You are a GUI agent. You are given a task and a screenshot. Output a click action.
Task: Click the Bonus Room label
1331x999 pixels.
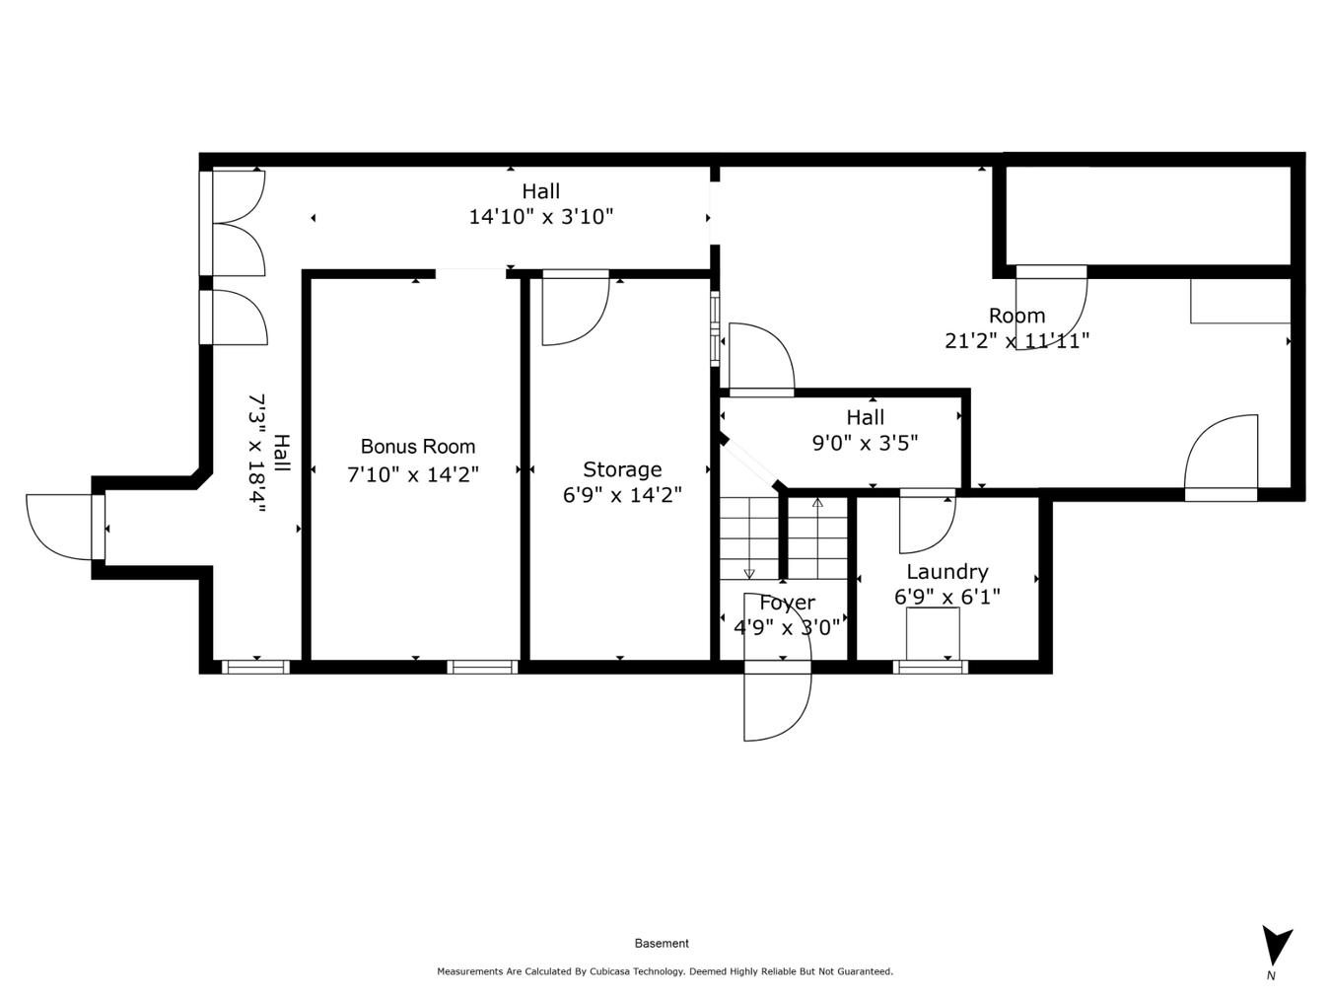click(417, 447)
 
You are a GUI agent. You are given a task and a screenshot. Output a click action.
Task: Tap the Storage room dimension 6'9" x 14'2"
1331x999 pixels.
click(621, 495)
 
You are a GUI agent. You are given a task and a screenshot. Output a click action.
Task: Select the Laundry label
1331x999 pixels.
click(946, 572)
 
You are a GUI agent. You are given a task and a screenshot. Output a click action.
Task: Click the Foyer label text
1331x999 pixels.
click(787, 603)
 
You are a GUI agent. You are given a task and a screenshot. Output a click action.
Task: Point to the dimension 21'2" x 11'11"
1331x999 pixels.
click(1016, 341)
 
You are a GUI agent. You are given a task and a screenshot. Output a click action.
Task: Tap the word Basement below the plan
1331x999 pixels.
click(662, 944)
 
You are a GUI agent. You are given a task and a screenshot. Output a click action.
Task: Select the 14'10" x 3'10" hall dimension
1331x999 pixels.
click(540, 217)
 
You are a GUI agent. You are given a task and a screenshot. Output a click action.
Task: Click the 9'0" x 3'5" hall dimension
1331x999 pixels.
click(865, 444)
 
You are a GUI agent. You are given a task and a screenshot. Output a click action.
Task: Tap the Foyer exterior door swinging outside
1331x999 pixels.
click(776, 705)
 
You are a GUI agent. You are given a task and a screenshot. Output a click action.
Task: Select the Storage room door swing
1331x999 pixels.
click(573, 312)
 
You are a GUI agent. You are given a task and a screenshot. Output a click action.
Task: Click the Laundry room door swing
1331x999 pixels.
click(925, 523)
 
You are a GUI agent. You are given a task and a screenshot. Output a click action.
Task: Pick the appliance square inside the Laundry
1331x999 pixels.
click(932, 633)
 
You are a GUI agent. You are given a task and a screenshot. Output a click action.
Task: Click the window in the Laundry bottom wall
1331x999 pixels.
click(930, 668)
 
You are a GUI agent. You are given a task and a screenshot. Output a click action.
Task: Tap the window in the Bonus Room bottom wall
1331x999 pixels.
click(482, 668)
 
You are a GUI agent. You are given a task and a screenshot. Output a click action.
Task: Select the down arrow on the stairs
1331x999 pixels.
click(749, 572)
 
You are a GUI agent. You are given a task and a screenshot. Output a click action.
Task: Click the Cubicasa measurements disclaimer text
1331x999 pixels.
click(665, 971)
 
